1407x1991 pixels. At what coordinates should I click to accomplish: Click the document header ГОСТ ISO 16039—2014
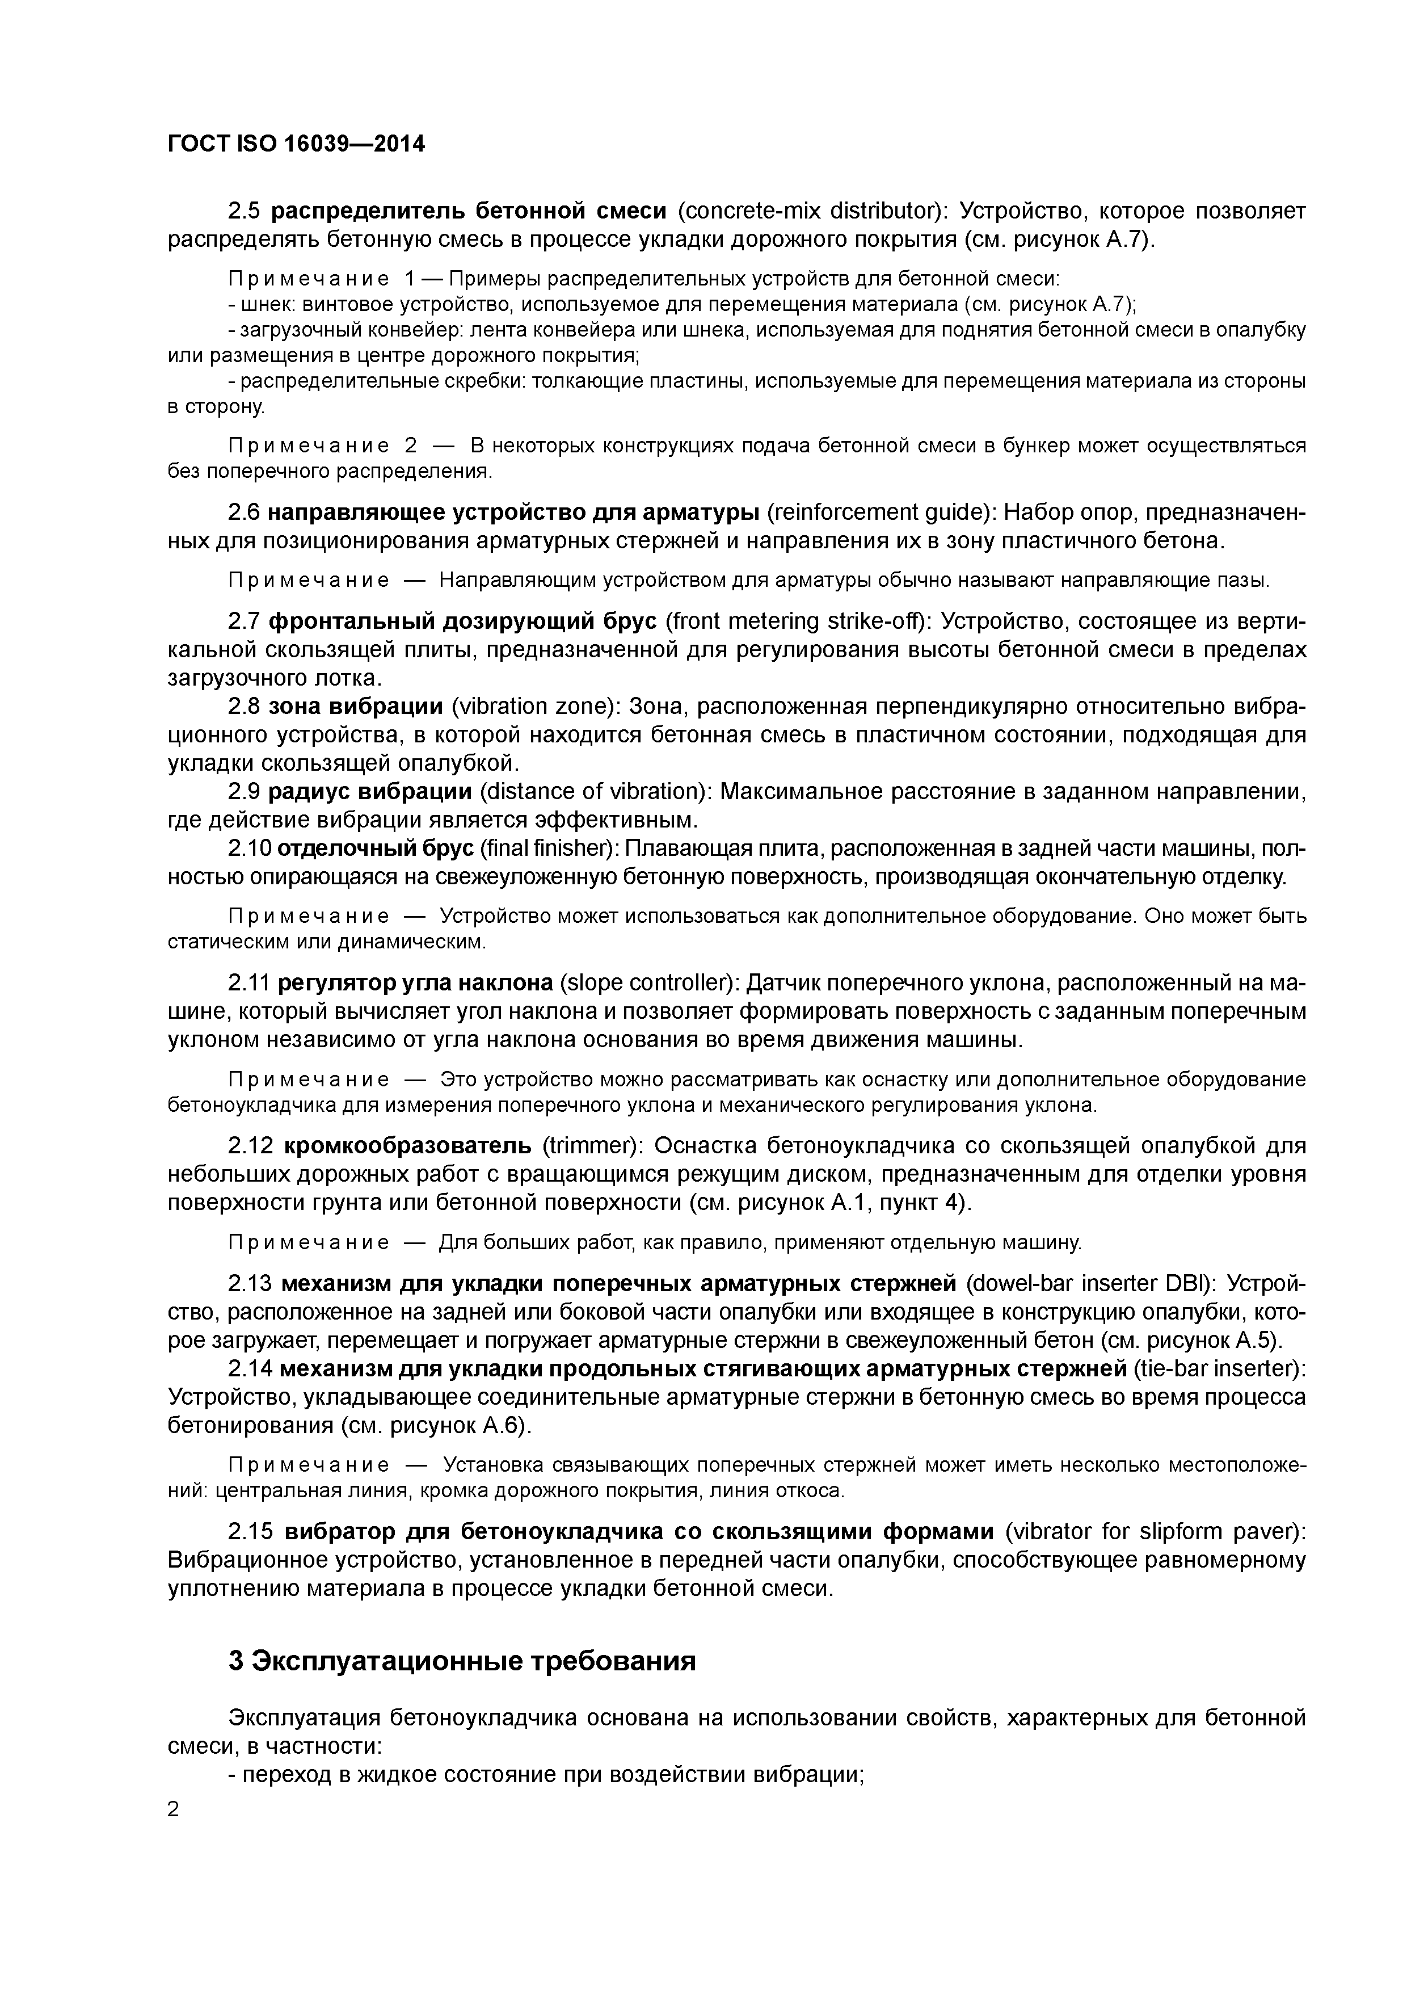pos(296,144)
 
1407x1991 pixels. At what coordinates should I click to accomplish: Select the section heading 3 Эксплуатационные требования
pos(462,1661)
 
